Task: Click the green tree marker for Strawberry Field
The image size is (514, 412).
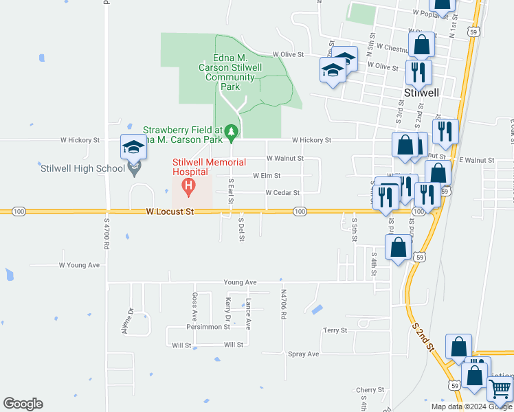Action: coord(232,130)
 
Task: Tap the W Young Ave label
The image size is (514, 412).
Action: coord(79,264)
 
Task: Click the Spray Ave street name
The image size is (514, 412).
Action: coord(304,354)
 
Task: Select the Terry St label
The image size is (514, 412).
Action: coord(335,330)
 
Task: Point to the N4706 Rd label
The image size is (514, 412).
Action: coord(283,304)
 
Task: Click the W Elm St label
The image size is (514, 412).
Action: coord(267,176)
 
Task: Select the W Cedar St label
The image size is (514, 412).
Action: coord(283,193)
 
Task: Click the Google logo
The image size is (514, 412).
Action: coord(23,404)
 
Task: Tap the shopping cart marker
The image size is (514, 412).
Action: coord(500,389)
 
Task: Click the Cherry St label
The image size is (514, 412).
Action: coord(370,390)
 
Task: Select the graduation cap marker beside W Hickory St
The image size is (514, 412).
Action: coord(133,147)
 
